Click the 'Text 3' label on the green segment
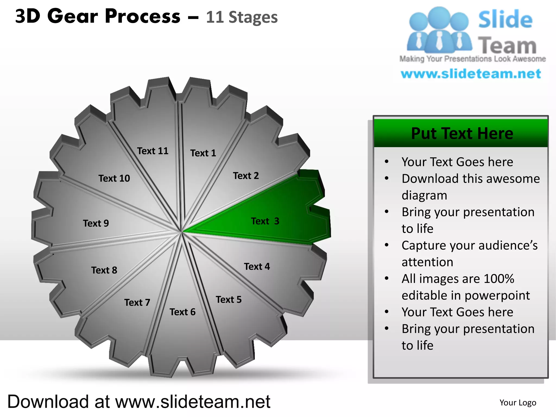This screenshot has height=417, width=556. point(265,221)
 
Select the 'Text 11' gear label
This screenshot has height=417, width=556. point(153,151)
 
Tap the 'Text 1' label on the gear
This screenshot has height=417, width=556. point(203,153)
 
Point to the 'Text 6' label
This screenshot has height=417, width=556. point(182,312)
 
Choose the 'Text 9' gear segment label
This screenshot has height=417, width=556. point(96,223)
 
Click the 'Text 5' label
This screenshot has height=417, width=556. point(229,300)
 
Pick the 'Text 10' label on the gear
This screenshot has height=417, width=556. point(114,178)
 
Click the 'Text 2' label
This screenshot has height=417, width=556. point(246,176)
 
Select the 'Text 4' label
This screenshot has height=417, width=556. point(257,267)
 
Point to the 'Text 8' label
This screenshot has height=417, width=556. point(104,270)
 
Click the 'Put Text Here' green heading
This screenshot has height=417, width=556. point(462,134)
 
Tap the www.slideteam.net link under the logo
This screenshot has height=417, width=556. point(471,74)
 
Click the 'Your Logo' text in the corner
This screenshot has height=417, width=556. point(518,403)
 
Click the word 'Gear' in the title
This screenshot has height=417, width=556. point(72,16)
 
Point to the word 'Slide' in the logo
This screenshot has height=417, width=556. point(505,20)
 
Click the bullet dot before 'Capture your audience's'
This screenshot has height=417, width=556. point(387,245)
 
